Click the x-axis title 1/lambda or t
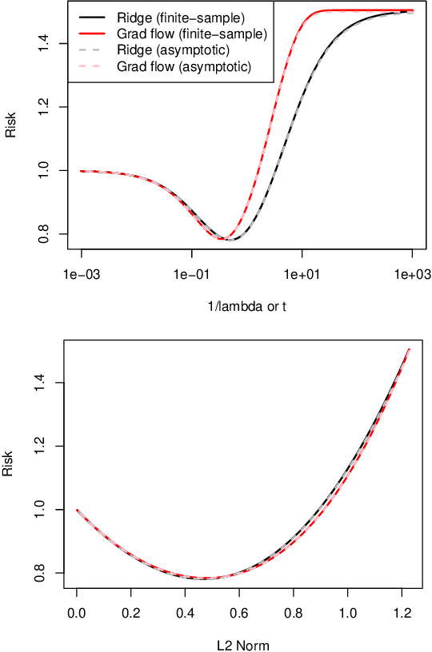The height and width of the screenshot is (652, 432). point(246,307)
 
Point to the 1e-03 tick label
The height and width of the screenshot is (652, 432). point(82,276)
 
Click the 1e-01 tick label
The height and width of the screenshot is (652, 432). point(191,276)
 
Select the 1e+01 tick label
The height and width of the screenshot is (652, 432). point(302,276)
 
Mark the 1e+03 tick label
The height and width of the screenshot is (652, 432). point(412,276)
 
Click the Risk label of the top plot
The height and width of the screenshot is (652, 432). point(10,127)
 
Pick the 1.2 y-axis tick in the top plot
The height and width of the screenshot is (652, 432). point(45,106)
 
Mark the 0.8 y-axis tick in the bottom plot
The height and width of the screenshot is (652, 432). point(45,573)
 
